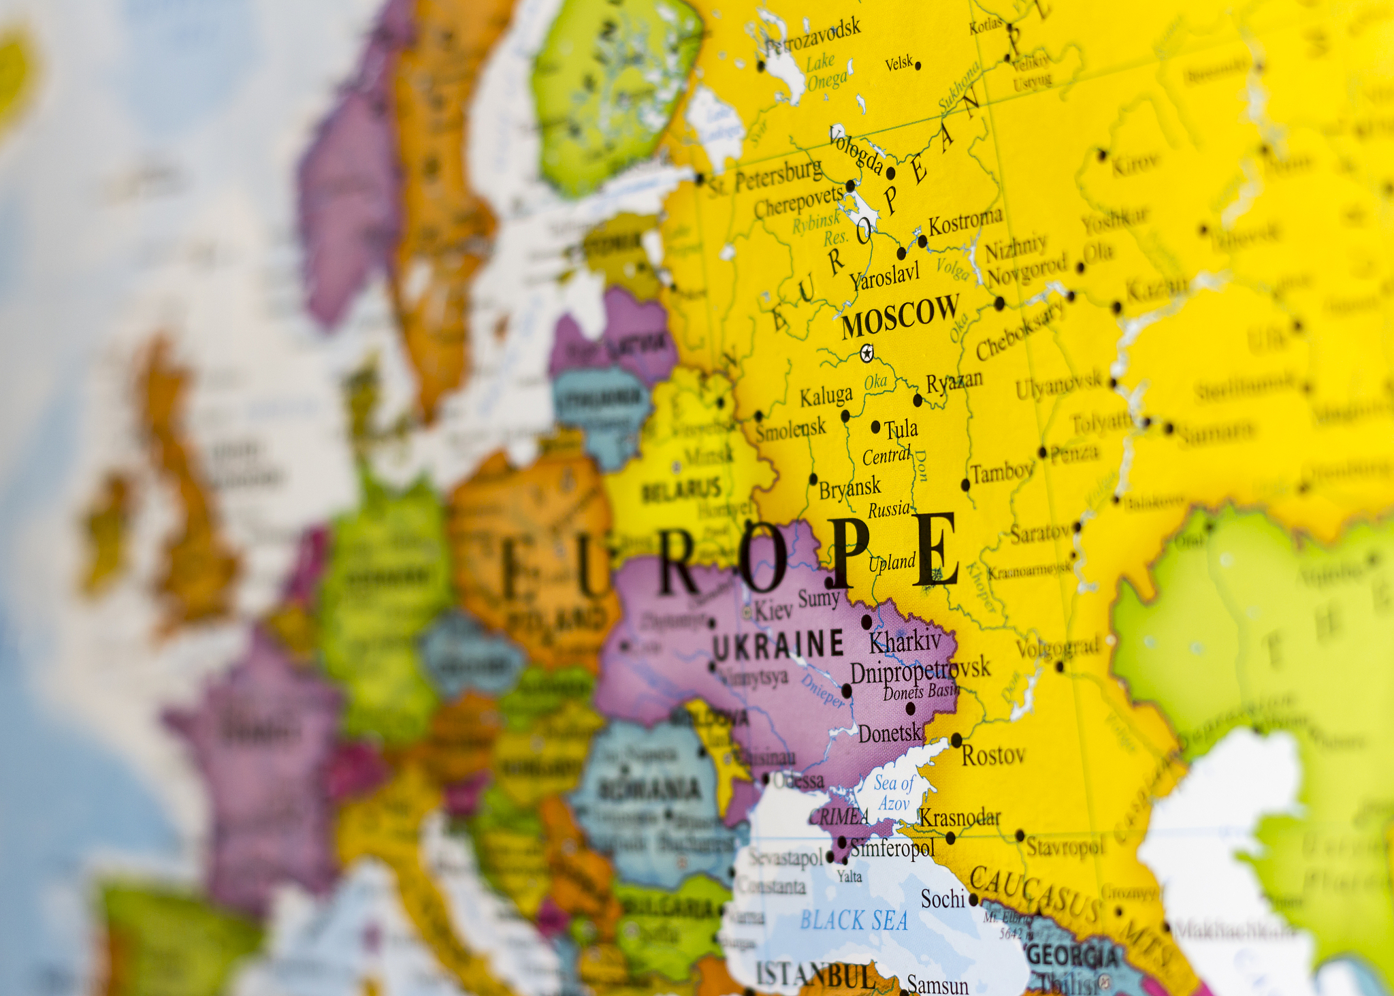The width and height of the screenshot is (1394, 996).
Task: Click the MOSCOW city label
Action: point(900,316)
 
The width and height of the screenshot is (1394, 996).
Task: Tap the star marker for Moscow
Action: point(866,353)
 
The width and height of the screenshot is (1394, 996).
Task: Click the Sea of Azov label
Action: point(894,793)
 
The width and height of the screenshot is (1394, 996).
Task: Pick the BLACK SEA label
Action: point(854,920)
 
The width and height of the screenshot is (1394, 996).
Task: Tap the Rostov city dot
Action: point(956,739)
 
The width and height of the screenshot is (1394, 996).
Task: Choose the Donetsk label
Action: point(890,733)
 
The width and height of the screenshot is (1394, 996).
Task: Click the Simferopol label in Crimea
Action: point(892,848)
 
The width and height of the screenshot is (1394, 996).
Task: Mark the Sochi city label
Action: point(943,899)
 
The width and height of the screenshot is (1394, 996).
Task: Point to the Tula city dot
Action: point(876,427)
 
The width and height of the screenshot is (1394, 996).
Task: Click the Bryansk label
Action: point(849,488)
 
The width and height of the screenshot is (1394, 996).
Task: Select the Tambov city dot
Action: point(965,485)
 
